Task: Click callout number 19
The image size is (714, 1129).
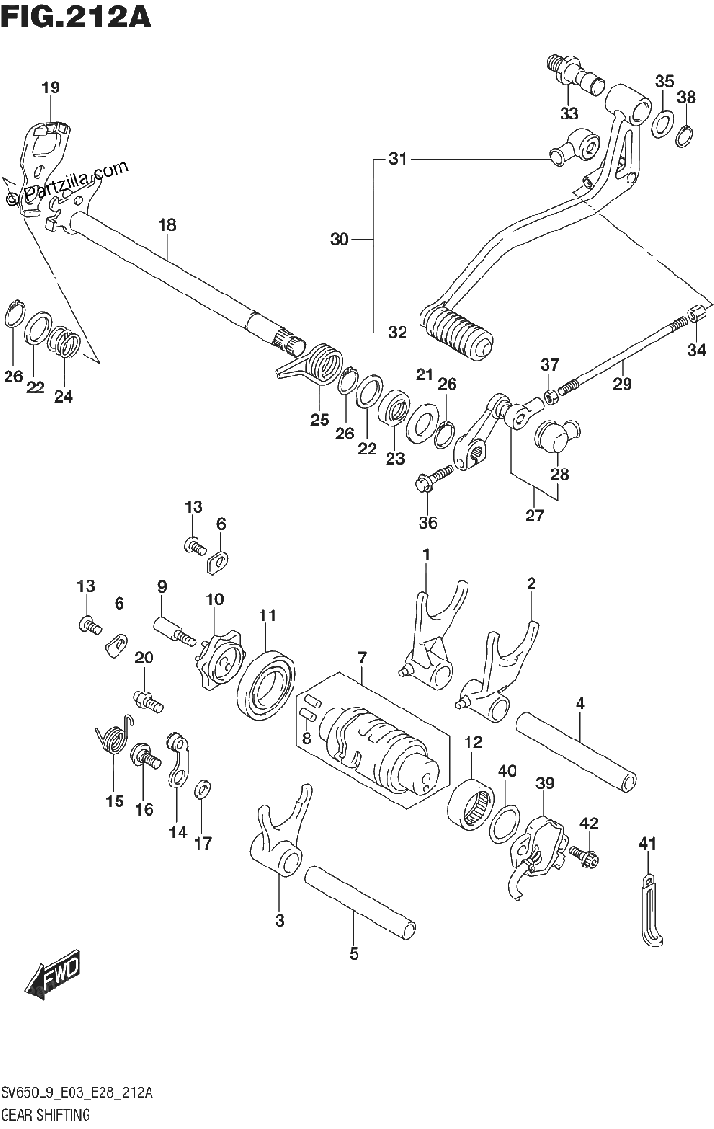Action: point(51,87)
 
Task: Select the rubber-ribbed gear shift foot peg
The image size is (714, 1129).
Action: point(455,333)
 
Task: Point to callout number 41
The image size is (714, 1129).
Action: point(647,843)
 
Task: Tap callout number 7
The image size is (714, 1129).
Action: point(362,658)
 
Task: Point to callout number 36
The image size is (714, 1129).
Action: point(428,522)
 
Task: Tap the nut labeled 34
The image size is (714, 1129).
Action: point(696,313)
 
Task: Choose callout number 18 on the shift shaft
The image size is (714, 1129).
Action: point(167,224)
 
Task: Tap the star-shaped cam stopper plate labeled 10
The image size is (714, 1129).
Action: point(218,660)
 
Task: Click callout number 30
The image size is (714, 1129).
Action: point(339,238)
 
